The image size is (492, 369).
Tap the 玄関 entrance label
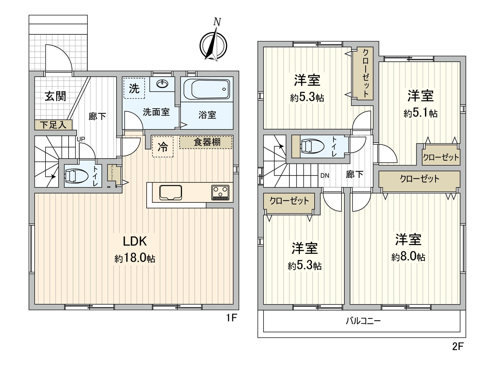[x=55, y=96]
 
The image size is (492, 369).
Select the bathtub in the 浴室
[x=207, y=89]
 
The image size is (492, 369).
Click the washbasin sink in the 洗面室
[x=162, y=83]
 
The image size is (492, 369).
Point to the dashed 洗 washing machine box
[x=134, y=88]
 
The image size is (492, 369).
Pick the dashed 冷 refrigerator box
[x=163, y=147]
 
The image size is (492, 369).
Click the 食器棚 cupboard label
[x=207, y=142]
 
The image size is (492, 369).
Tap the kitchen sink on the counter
[x=171, y=192]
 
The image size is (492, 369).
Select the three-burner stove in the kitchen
[x=220, y=192]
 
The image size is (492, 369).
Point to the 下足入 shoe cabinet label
[x=53, y=125]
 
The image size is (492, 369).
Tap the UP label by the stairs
[x=81, y=139]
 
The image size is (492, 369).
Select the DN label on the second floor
[x=325, y=176]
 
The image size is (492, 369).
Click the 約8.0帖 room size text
[x=408, y=256]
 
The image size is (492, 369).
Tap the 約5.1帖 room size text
[x=420, y=113]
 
